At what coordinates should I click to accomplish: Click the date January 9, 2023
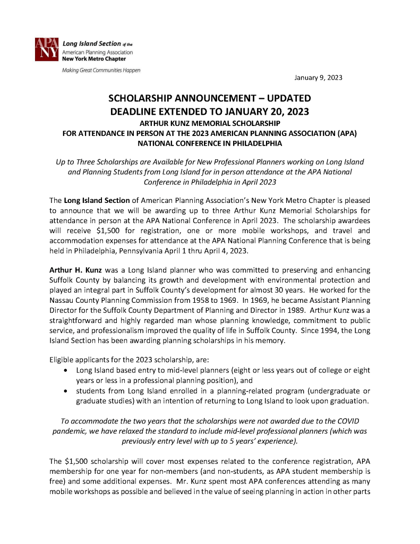point(318,78)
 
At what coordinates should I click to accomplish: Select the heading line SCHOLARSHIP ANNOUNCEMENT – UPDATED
point(209,99)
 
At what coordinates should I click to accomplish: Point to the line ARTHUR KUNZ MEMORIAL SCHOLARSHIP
point(209,123)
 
